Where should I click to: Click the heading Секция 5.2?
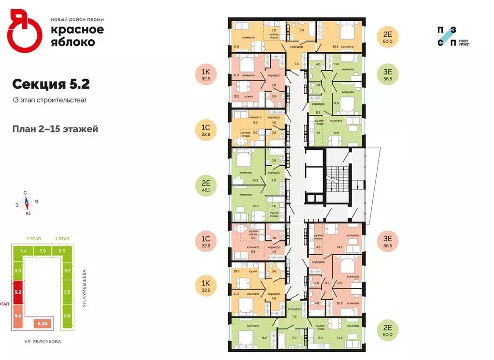coord(51,85)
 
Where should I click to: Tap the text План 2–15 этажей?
coord(56,129)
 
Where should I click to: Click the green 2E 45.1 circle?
coord(206,186)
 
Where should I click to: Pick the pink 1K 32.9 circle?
coord(206,75)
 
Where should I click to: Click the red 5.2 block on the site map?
coord(18,292)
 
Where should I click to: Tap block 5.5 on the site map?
coord(42,251)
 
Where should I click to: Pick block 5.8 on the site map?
coord(67,292)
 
